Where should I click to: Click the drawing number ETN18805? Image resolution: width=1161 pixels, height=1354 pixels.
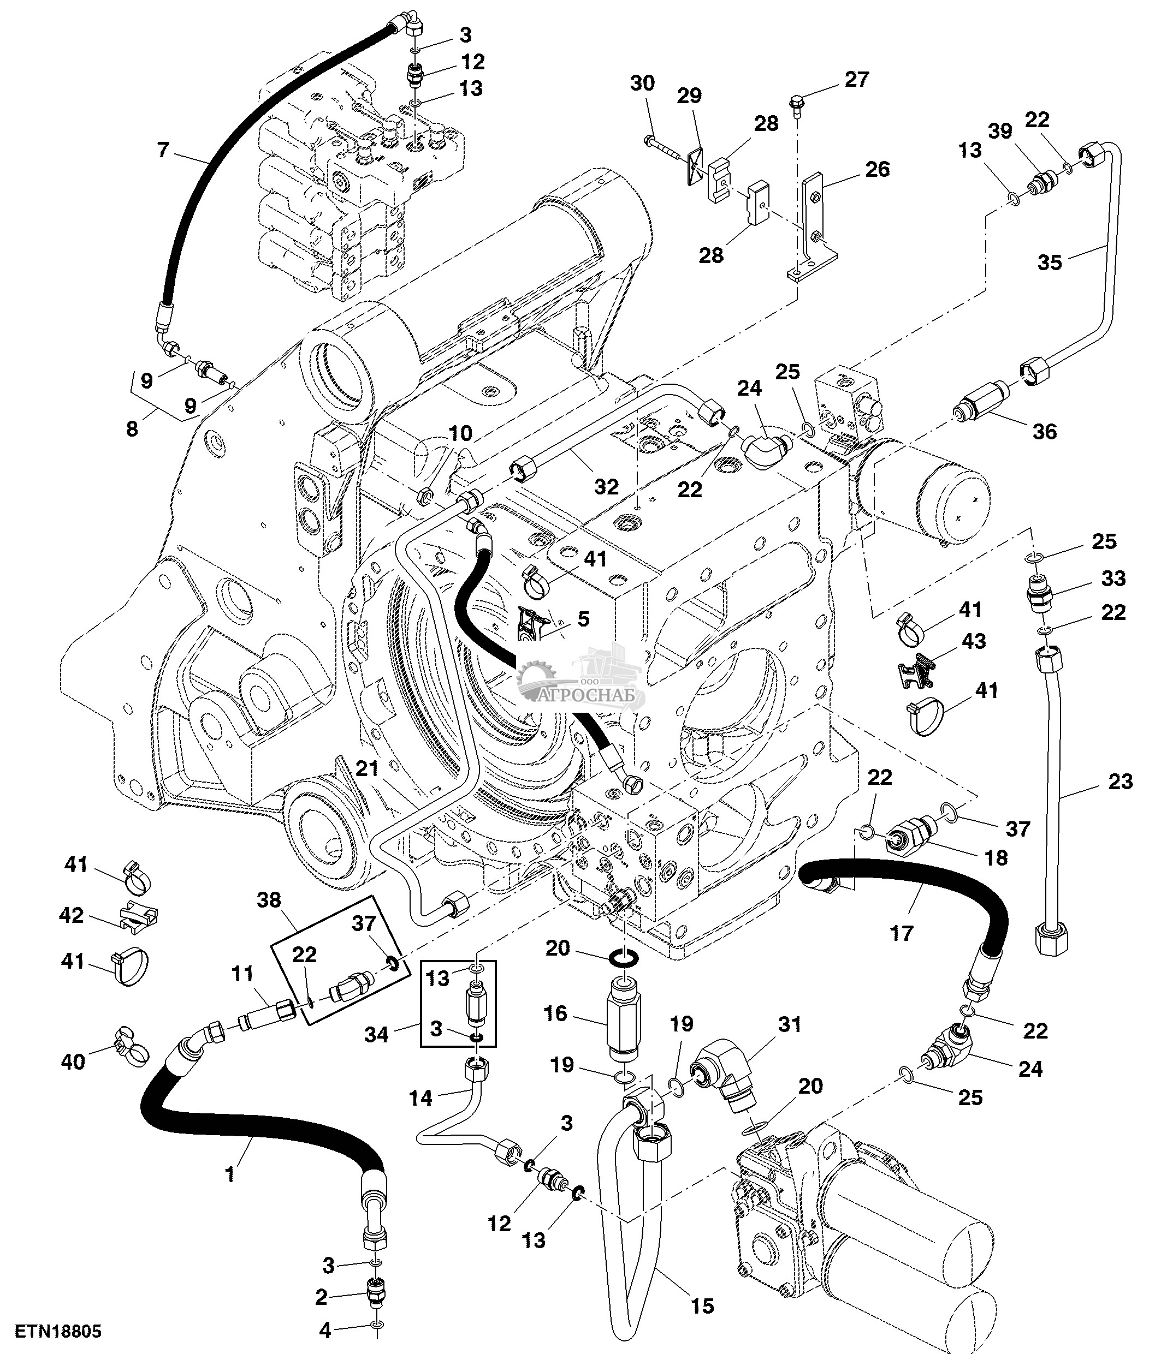(x=59, y=1332)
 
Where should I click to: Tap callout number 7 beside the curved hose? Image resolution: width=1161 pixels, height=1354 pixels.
(x=163, y=150)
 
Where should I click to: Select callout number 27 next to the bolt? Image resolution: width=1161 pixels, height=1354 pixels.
(x=856, y=79)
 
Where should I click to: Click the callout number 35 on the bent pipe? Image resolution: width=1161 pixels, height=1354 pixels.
(x=1050, y=262)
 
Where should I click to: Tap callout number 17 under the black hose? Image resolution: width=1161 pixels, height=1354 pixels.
(x=902, y=933)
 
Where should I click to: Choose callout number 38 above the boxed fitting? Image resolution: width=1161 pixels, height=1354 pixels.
(x=269, y=900)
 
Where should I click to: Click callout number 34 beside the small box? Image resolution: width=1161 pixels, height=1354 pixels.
(x=377, y=1034)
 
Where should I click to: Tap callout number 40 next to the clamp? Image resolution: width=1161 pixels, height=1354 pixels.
(x=73, y=1061)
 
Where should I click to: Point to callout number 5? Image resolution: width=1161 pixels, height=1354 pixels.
(x=583, y=618)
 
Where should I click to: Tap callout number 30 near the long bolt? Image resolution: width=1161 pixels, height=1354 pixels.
(x=643, y=83)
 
